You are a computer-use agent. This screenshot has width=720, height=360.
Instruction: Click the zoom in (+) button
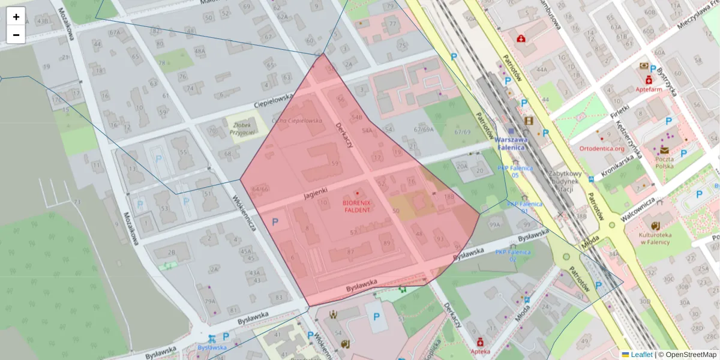click(x=16, y=16)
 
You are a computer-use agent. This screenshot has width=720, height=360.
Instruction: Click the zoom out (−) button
click(x=16, y=35)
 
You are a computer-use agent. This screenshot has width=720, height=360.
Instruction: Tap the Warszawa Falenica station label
click(x=511, y=143)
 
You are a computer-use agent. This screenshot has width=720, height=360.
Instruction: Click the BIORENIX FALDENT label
click(x=357, y=206)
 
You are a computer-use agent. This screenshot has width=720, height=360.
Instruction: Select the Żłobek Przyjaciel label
click(x=243, y=128)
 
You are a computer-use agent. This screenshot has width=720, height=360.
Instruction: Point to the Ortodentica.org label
click(x=602, y=148)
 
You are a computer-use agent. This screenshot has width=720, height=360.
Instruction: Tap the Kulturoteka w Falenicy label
click(x=658, y=238)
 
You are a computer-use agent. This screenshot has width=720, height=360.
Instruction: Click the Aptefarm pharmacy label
click(x=649, y=89)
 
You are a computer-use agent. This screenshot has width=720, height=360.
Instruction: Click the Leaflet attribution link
click(x=641, y=355)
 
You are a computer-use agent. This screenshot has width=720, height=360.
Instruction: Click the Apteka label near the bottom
click(x=480, y=351)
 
